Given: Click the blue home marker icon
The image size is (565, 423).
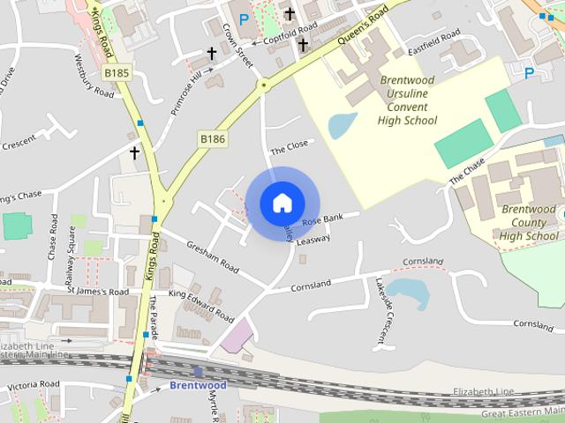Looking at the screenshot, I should click(x=282, y=203).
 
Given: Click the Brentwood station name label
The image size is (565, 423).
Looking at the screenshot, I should click(x=198, y=385).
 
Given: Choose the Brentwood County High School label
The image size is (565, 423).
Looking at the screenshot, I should click(x=529, y=222).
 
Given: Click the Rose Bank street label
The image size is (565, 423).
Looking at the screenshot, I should click(x=321, y=219).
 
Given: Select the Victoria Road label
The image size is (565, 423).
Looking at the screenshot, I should click(x=33, y=385).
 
